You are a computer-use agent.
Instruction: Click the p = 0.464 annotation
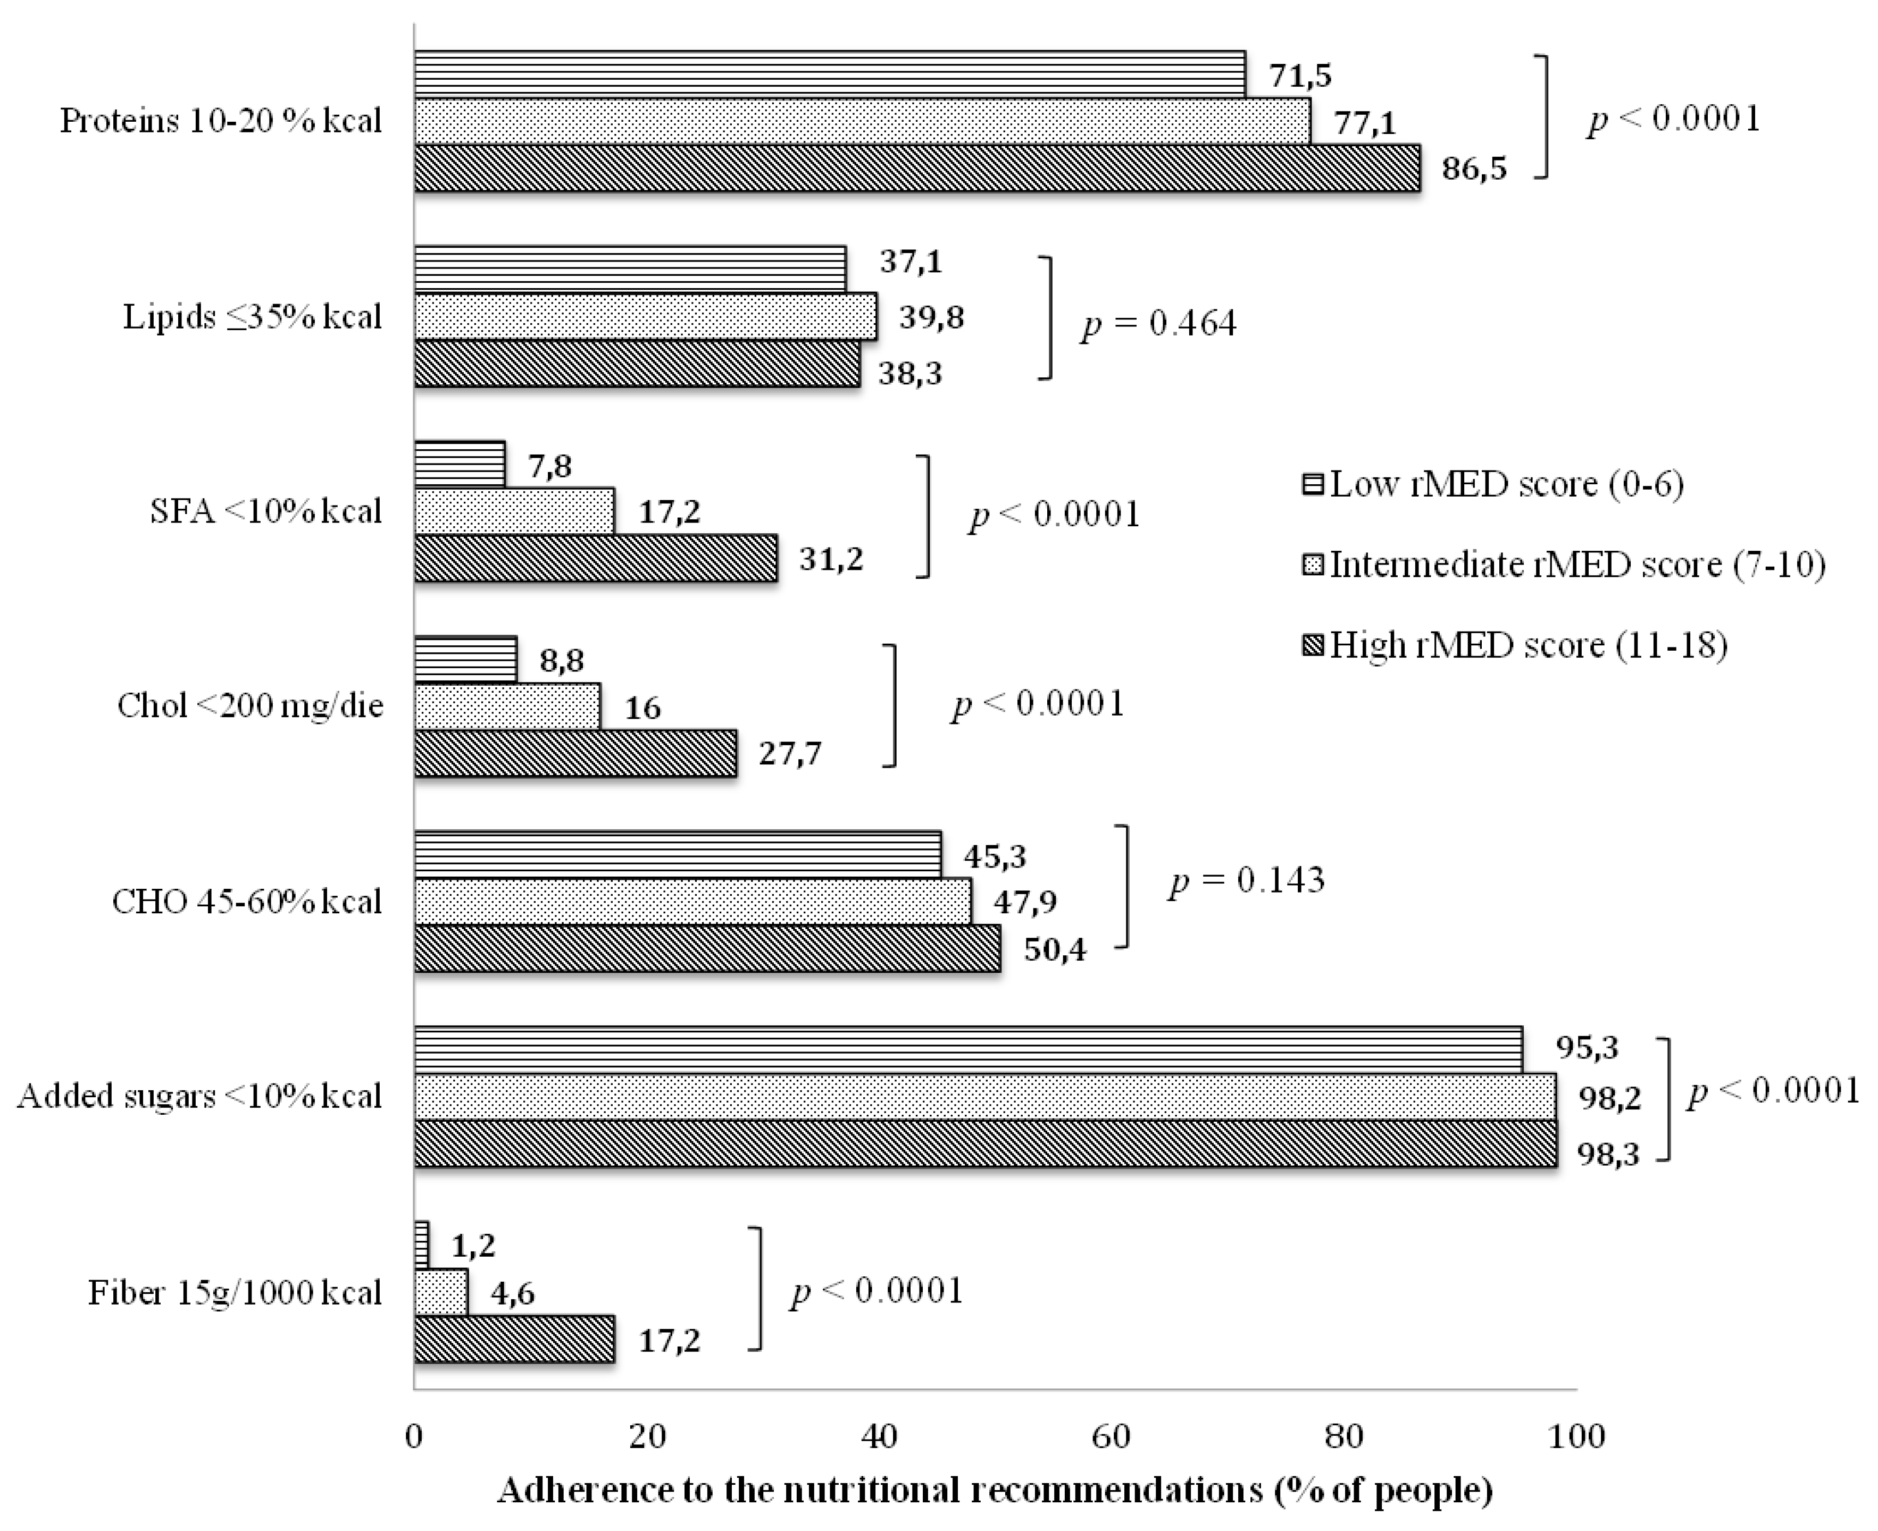coord(1159,325)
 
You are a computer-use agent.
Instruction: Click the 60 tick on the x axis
coord(1111,1436)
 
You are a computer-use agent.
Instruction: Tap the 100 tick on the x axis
coord(1577,1436)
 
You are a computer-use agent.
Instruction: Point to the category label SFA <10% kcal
coord(265,511)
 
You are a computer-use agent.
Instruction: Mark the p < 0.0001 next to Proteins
coord(1673,119)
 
